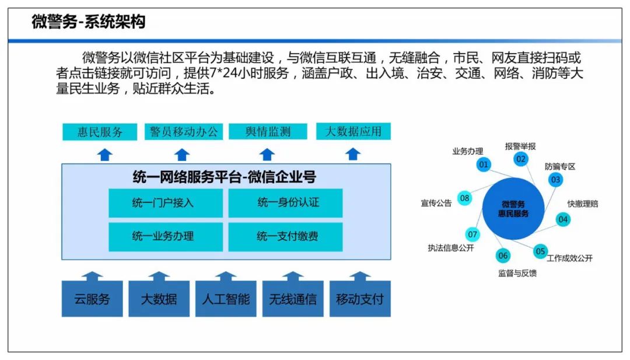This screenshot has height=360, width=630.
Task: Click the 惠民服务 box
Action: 100,132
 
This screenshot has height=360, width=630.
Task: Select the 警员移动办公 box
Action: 184,132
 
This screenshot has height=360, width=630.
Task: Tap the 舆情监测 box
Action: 268,132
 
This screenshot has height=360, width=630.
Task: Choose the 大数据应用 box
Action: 353,131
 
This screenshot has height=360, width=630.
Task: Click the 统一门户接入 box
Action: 166,203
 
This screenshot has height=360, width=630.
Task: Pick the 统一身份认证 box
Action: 286,203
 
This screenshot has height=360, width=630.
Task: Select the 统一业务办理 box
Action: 166,237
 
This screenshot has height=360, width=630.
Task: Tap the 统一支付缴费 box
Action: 286,237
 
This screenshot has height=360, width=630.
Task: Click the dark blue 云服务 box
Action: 92,299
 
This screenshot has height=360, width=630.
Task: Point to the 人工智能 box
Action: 226,299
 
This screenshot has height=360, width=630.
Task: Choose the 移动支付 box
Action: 360,299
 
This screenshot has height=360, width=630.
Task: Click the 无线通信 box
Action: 293,299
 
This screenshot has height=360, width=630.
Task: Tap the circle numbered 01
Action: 484,165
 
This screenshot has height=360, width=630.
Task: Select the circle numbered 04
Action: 563,219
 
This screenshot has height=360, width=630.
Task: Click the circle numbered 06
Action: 503,256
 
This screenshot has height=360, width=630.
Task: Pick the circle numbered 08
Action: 464,198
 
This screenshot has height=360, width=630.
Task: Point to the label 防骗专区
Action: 560,167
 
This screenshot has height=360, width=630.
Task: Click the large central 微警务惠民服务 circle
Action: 513,209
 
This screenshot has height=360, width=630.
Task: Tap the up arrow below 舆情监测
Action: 267,155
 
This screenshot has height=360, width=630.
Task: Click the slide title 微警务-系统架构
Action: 89,21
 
